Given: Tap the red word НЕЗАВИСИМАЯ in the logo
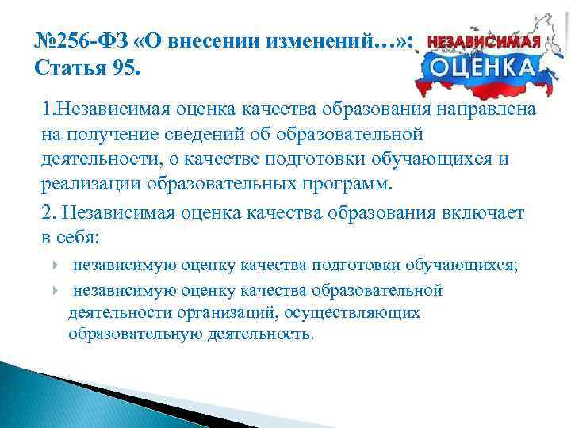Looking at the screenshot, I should pyautogui.click(x=485, y=39).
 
